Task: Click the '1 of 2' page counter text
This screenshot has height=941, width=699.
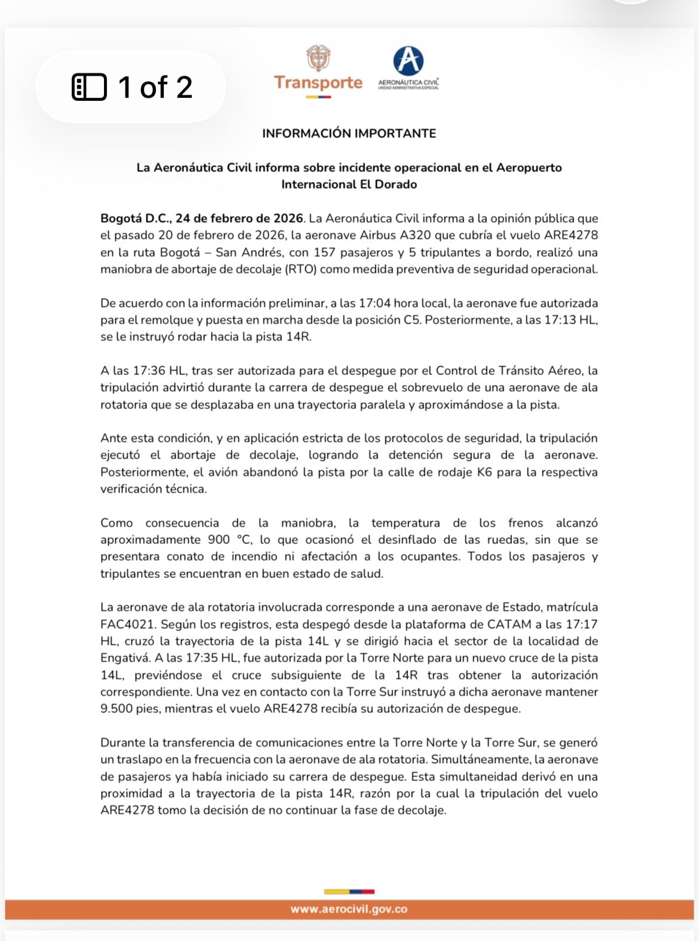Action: [155, 87]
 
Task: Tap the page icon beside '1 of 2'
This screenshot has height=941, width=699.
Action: [89, 87]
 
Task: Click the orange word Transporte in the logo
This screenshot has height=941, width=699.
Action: [318, 82]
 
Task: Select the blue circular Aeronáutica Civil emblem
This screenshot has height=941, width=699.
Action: [408, 61]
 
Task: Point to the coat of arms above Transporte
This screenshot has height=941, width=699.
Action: [318, 59]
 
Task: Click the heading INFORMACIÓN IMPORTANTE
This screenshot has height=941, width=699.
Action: [349, 133]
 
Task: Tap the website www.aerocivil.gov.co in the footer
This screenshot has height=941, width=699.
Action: [349, 909]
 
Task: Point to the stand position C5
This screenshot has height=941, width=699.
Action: [412, 320]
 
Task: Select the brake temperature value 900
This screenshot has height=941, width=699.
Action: [219, 540]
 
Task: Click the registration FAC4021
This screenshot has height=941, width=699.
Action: [127, 625]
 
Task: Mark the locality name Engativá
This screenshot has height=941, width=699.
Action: [125, 658]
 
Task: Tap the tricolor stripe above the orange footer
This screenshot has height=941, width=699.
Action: [349, 892]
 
